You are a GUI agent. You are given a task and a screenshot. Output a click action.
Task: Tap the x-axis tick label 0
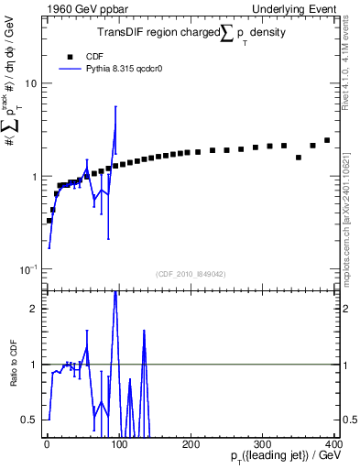[x=46, y=443]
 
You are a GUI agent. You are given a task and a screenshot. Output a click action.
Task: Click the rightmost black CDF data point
[x=327, y=140]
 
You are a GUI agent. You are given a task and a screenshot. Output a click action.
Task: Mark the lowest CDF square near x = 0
[x=49, y=221]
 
